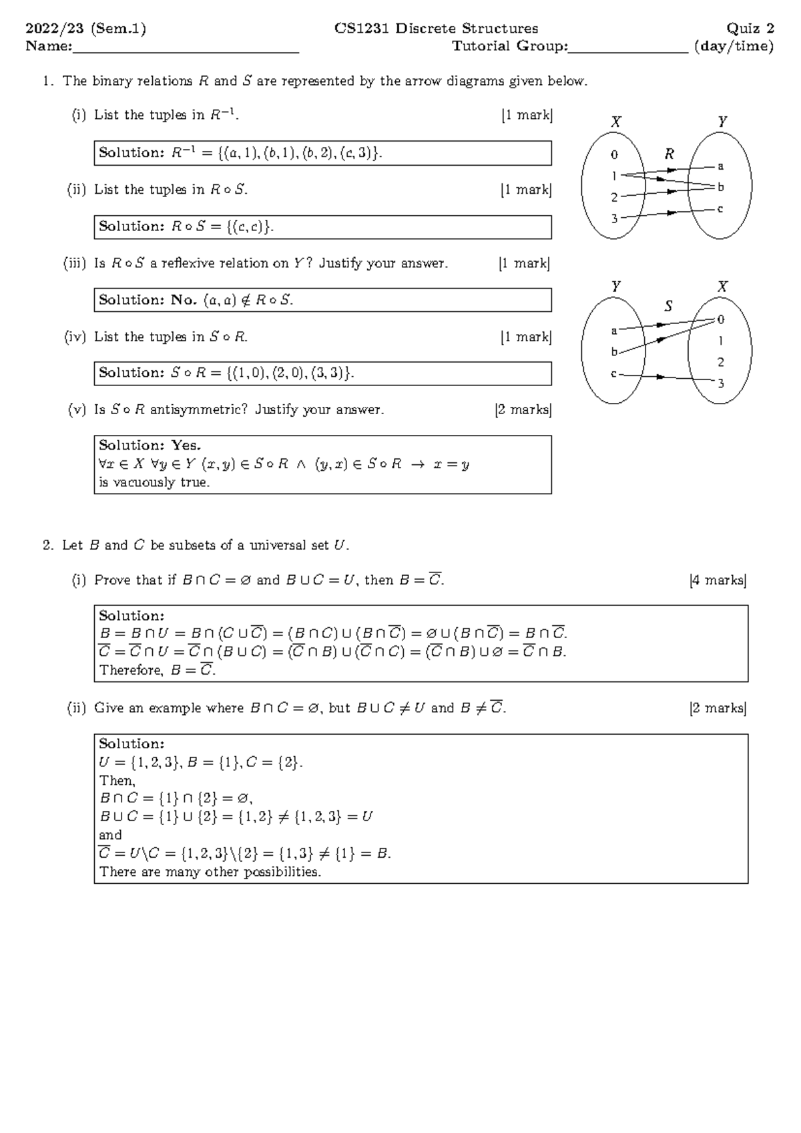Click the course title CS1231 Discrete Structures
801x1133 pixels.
(x=437, y=28)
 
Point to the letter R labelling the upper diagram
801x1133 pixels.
(x=669, y=154)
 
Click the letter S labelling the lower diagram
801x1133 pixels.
(x=668, y=306)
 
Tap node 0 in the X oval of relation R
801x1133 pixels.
(x=614, y=154)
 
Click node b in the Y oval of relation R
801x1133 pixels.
(x=720, y=187)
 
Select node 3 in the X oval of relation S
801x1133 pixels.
(x=720, y=383)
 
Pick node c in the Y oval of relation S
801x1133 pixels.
(x=613, y=374)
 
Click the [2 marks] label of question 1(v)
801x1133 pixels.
(x=523, y=410)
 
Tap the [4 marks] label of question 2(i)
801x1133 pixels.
(x=718, y=580)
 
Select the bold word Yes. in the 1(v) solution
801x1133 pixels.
(x=186, y=445)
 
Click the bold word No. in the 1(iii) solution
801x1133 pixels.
(x=184, y=300)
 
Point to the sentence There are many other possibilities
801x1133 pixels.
(x=210, y=872)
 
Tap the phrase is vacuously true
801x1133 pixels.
(x=154, y=482)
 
